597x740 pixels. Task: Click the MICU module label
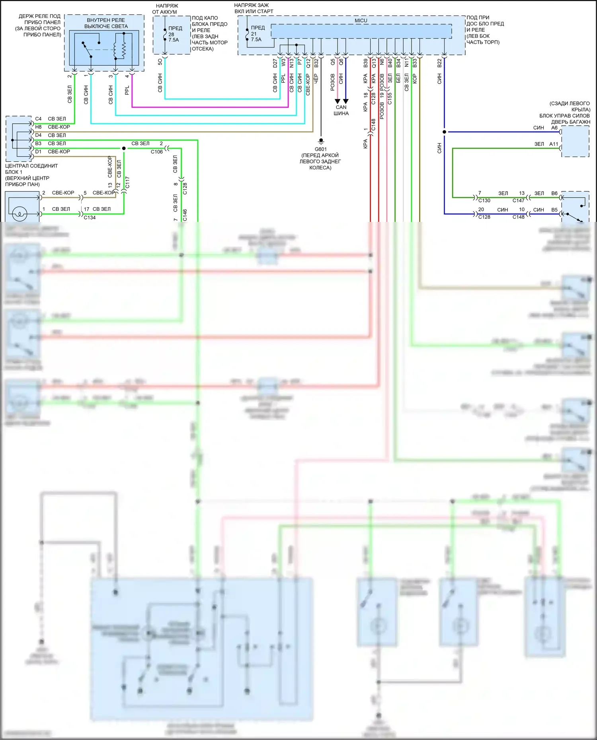point(361,21)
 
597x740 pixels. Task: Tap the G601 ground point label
point(321,149)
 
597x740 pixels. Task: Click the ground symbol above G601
point(321,141)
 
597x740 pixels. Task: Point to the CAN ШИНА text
point(341,110)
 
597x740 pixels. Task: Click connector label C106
point(156,152)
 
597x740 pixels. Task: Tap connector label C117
point(127,182)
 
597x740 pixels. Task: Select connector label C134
point(90,218)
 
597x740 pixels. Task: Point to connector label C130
point(484,200)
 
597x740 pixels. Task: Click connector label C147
point(518,200)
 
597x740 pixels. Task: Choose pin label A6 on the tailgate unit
point(554,128)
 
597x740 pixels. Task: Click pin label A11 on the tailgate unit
point(554,144)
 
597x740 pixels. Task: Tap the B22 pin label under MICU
point(439,63)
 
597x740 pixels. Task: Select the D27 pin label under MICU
point(275,63)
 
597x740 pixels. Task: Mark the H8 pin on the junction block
point(38,127)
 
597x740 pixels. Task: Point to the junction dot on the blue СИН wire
point(444,132)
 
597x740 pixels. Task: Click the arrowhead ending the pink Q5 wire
point(338,101)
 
